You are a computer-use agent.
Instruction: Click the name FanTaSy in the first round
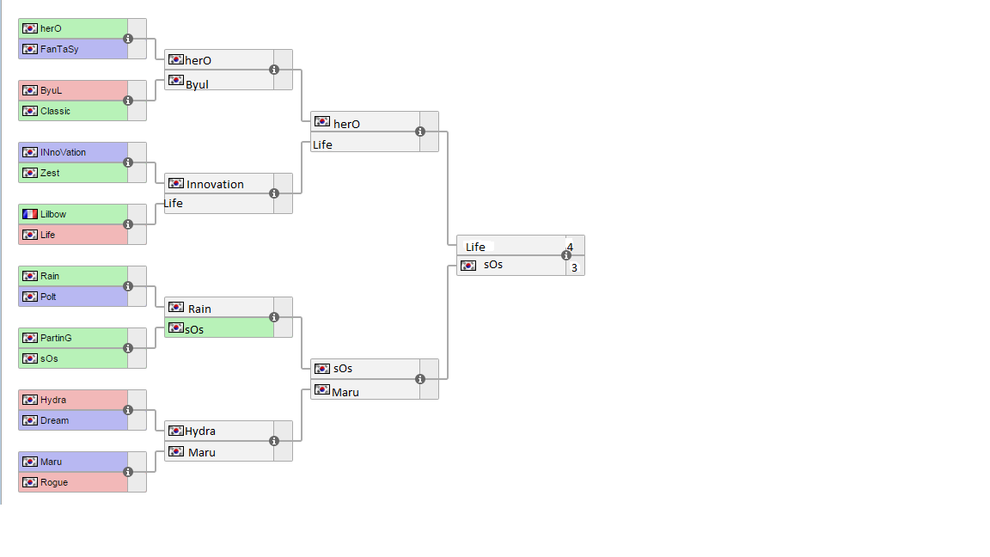point(59,49)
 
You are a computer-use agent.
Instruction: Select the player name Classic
point(55,111)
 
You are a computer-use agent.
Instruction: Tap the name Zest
point(50,173)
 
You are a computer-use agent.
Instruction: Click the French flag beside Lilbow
point(30,214)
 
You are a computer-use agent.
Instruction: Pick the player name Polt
point(48,297)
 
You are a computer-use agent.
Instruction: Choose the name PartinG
point(56,338)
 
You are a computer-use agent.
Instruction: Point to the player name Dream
point(54,420)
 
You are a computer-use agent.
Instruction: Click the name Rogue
point(53,482)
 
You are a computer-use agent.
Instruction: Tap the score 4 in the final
point(570,247)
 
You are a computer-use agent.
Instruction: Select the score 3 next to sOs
point(574,267)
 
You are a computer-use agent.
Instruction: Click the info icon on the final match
point(566,255)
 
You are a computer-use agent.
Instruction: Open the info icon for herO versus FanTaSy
point(128,39)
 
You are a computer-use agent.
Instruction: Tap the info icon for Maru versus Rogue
point(128,472)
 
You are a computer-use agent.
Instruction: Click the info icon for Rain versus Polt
point(128,286)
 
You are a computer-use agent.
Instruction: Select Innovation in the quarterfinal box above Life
point(215,184)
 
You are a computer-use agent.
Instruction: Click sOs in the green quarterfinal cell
point(195,329)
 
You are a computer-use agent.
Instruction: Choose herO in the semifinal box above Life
point(346,124)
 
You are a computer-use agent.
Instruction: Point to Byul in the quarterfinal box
point(197,84)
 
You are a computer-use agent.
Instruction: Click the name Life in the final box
point(475,247)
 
